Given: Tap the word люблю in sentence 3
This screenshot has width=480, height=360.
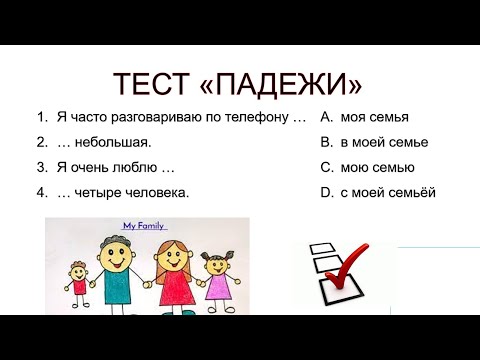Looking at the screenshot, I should coord(133,167).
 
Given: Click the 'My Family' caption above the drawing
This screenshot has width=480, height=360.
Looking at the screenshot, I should coord(143,227).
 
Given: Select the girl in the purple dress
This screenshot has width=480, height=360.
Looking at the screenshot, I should coord(217,284).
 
